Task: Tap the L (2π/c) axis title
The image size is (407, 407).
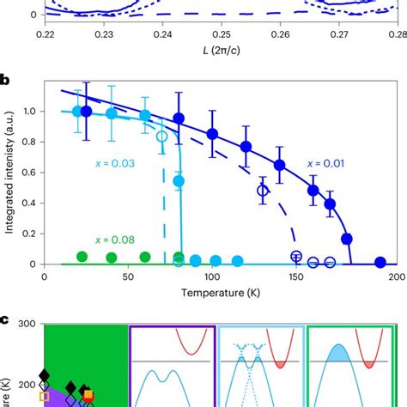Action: click(x=220, y=52)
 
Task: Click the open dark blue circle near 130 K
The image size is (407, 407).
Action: click(x=264, y=191)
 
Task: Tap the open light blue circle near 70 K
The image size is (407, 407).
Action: click(x=162, y=137)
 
